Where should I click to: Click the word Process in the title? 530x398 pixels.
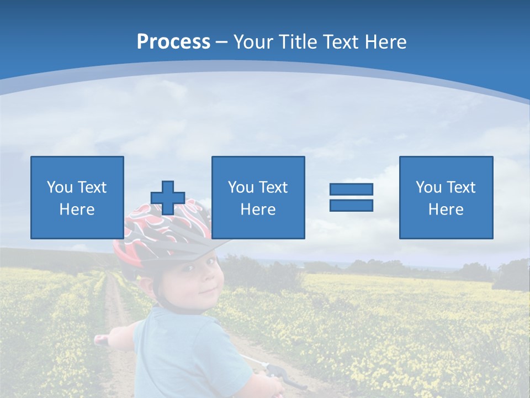coord(173,42)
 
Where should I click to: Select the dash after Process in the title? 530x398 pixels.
coord(222,43)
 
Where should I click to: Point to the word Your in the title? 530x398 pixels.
coord(254,42)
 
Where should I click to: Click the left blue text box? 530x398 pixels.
coord(77,169)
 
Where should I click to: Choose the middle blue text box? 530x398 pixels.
coord(258,169)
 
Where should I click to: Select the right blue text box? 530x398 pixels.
coord(446,169)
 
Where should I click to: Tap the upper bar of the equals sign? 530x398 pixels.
coord(351,189)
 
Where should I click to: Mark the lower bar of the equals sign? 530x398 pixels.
coord(351,206)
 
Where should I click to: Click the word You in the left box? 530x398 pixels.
coord(60,187)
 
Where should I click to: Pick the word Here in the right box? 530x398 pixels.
coord(446,210)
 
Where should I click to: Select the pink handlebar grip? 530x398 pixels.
coord(101,339)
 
